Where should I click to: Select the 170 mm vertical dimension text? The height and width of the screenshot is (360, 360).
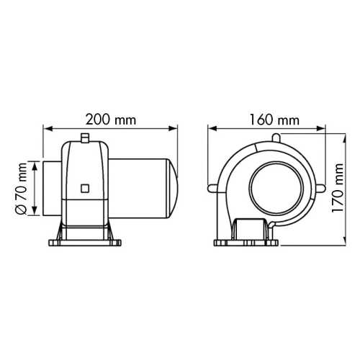342,186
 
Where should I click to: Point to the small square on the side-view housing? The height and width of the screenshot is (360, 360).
86,189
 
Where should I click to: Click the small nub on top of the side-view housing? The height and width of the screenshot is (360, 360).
84,137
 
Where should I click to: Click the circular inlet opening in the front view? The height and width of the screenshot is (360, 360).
270,189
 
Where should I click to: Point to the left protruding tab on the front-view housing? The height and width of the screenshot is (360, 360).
212,190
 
